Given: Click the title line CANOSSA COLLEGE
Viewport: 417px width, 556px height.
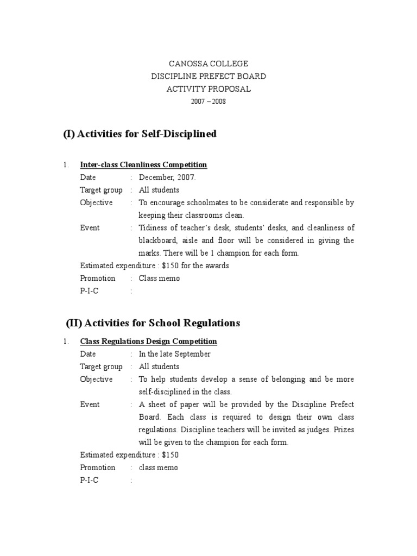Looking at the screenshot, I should pos(208,64).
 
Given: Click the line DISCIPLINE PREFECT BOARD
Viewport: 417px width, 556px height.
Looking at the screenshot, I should pos(208,77).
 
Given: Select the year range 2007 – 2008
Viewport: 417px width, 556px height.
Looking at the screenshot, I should pos(208,102).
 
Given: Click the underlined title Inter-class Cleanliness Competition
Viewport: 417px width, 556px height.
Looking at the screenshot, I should pos(143,165).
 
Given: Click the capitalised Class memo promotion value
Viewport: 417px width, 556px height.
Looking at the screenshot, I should pos(159,278).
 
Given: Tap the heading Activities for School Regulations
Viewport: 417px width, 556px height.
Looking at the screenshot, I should pos(153,323).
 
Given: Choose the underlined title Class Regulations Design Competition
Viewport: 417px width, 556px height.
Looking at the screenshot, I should pos(148,342).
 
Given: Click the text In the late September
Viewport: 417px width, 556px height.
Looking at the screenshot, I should pos(174,354).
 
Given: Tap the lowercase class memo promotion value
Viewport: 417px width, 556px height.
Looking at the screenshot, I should pos(158,467).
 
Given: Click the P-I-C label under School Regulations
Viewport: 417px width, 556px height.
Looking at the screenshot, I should pos(90,480).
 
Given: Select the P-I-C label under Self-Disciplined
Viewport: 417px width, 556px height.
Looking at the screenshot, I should pos(90,291).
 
